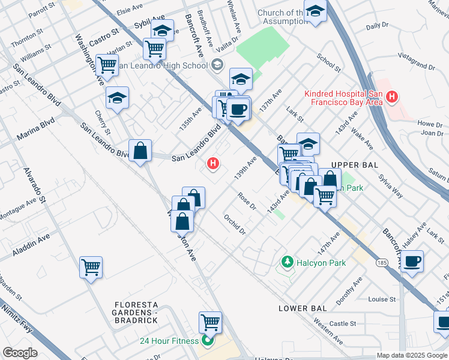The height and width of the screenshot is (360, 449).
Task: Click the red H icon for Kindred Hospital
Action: point(392,96)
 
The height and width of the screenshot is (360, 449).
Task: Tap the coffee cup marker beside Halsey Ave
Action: point(412,262)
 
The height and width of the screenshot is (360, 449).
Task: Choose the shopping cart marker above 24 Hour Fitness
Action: point(210,322)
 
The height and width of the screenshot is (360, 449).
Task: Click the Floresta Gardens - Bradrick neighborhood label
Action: point(136,312)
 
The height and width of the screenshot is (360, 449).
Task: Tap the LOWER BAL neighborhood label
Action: point(303,308)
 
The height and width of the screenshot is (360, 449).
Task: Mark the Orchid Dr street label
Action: point(235,224)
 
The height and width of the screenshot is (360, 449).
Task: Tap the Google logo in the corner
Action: point(20,353)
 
